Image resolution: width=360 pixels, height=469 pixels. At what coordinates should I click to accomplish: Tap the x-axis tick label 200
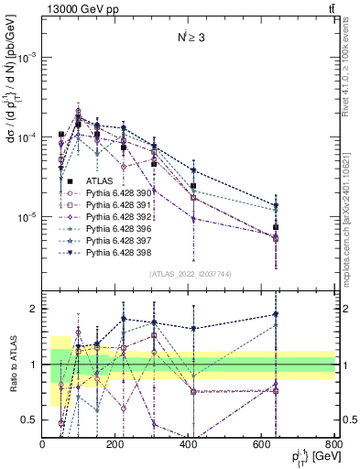(x=115, y=445)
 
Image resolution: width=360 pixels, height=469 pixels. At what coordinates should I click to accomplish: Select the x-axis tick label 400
(x=188, y=445)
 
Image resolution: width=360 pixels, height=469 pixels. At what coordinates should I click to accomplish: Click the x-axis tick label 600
(x=261, y=445)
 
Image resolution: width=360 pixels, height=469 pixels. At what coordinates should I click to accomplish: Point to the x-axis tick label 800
(x=333, y=445)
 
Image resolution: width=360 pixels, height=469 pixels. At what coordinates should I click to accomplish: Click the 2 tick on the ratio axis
(x=35, y=309)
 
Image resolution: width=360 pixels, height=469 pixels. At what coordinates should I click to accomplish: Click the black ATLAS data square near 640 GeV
(x=276, y=227)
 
